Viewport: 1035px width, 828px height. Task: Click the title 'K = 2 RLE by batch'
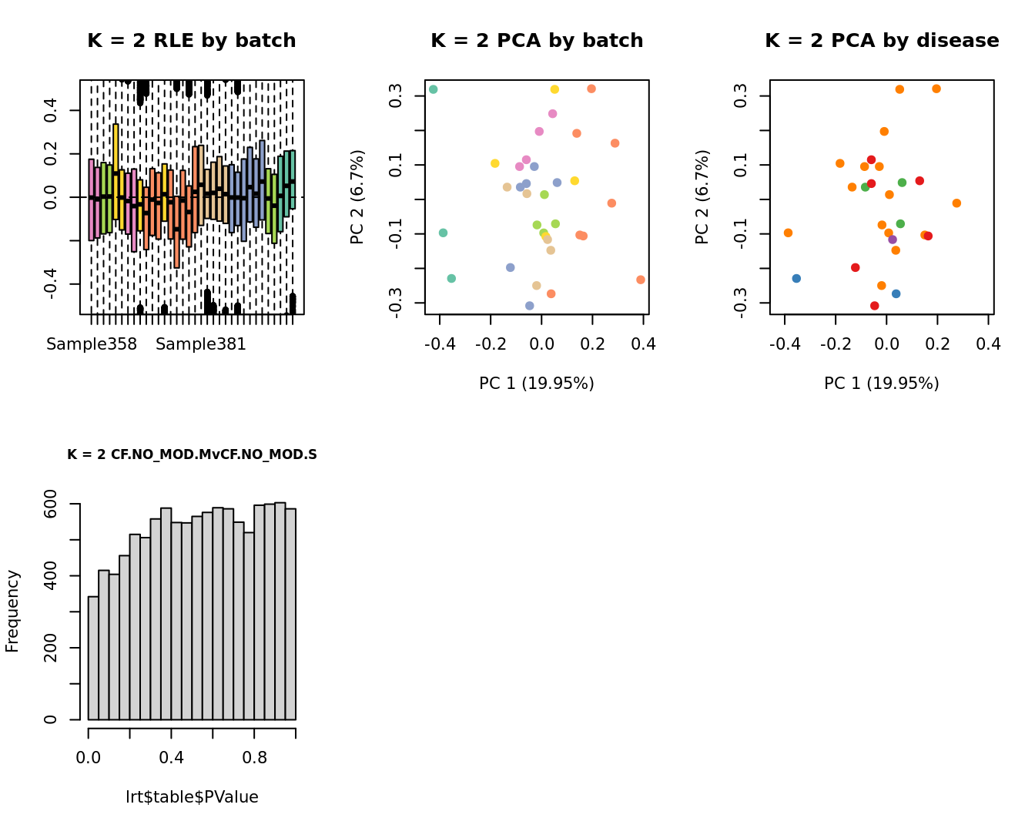pos(191,41)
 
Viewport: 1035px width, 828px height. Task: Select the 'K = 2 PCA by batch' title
pos(537,41)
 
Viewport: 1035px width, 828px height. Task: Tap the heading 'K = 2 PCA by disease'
pos(882,41)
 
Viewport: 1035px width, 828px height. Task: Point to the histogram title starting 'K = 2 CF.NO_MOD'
pos(192,454)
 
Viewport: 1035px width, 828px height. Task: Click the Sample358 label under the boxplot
pos(92,344)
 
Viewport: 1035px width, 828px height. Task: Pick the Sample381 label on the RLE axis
pos(201,344)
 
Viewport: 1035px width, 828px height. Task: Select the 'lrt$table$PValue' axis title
pos(192,797)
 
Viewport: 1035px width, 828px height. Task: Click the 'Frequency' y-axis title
pos(12,611)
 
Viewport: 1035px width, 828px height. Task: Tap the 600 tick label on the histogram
pos(51,504)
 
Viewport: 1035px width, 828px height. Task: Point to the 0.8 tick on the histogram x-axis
pos(254,757)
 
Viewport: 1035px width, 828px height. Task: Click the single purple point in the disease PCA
pos(893,240)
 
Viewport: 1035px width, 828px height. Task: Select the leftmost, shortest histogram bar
pos(93,658)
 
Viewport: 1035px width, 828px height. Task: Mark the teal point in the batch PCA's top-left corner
pos(434,89)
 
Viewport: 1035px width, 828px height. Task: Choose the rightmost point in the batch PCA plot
pos(641,280)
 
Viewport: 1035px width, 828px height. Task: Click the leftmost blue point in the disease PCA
pos(796,278)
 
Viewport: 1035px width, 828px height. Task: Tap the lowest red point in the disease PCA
pos(874,306)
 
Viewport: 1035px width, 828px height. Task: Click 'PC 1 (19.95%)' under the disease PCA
pos(882,384)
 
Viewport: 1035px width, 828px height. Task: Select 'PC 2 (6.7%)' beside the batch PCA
pos(357,197)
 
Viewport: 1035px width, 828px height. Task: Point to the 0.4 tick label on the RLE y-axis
pos(51,110)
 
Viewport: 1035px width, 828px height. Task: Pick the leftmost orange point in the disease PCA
pos(788,233)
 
